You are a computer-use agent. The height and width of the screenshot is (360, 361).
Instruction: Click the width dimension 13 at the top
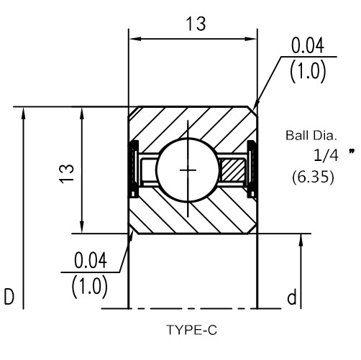(x=196, y=24)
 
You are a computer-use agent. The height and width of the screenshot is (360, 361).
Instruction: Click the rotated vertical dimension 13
(x=67, y=174)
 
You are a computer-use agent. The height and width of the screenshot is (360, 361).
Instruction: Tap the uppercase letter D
(x=9, y=297)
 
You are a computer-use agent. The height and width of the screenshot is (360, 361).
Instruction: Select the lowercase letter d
(x=292, y=297)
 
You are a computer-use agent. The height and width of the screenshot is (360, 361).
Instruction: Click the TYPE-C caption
(x=191, y=330)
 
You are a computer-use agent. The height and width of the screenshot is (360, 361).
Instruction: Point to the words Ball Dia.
(x=311, y=135)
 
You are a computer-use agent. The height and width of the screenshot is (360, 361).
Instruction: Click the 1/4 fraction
(x=326, y=155)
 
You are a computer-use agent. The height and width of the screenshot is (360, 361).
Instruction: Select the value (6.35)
(x=313, y=177)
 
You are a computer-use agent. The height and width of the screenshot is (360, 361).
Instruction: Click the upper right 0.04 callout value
(x=308, y=45)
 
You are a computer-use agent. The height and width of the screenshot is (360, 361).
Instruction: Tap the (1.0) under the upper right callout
(x=308, y=71)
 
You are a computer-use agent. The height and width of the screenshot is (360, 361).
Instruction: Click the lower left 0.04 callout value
(x=91, y=261)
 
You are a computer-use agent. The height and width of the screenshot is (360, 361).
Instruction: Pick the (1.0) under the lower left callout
(x=90, y=287)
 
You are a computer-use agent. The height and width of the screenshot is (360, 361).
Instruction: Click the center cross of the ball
(x=188, y=170)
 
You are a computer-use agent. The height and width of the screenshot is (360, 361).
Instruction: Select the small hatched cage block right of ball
(x=233, y=170)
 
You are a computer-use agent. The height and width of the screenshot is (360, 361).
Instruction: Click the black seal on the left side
(x=134, y=170)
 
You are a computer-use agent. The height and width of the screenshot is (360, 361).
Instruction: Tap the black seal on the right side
(x=252, y=170)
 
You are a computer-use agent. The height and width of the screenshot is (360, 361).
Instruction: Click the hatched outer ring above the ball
(x=193, y=124)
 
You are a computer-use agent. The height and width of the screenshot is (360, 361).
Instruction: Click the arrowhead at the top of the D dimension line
(x=23, y=113)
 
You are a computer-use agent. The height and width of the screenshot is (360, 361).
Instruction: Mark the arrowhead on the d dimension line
(x=301, y=240)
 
